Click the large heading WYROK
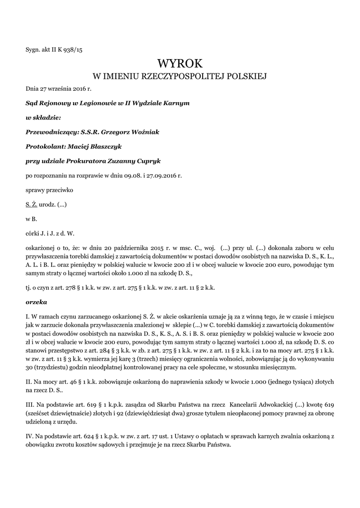180,63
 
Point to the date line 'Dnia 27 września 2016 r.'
59,89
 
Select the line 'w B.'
31,218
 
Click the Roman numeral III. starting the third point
29,405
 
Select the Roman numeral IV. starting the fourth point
29,436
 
